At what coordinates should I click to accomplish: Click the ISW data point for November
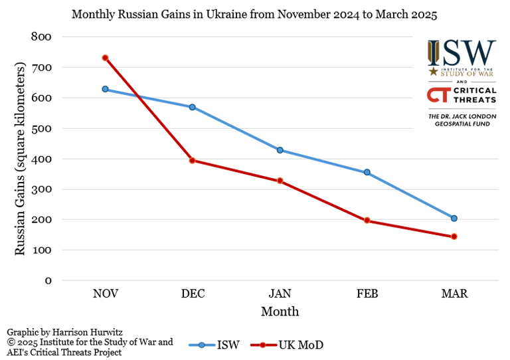(x=105, y=89)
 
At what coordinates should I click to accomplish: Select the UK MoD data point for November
(x=105, y=58)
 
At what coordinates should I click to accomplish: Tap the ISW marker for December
(x=193, y=107)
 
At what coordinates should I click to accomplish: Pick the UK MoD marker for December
(x=193, y=160)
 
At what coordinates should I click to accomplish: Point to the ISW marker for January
(x=280, y=150)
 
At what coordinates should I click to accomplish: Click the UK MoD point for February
(x=367, y=221)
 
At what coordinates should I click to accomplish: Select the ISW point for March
(x=454, y=218)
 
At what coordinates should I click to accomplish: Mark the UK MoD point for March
(x=454, y=236)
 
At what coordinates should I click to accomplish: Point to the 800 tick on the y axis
(x=42, y=37)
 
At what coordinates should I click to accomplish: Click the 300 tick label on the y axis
(x=42, y=189)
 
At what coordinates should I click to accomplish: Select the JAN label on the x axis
(x=280, y=294)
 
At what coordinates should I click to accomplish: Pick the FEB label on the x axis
(x=367, y=294)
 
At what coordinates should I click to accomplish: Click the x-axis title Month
(x=280, y=312)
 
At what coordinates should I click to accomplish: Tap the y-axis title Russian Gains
(x=21, y=159)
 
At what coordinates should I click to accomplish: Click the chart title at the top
(x=254, y=15)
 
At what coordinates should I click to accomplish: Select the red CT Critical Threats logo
(x=462, y=96)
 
